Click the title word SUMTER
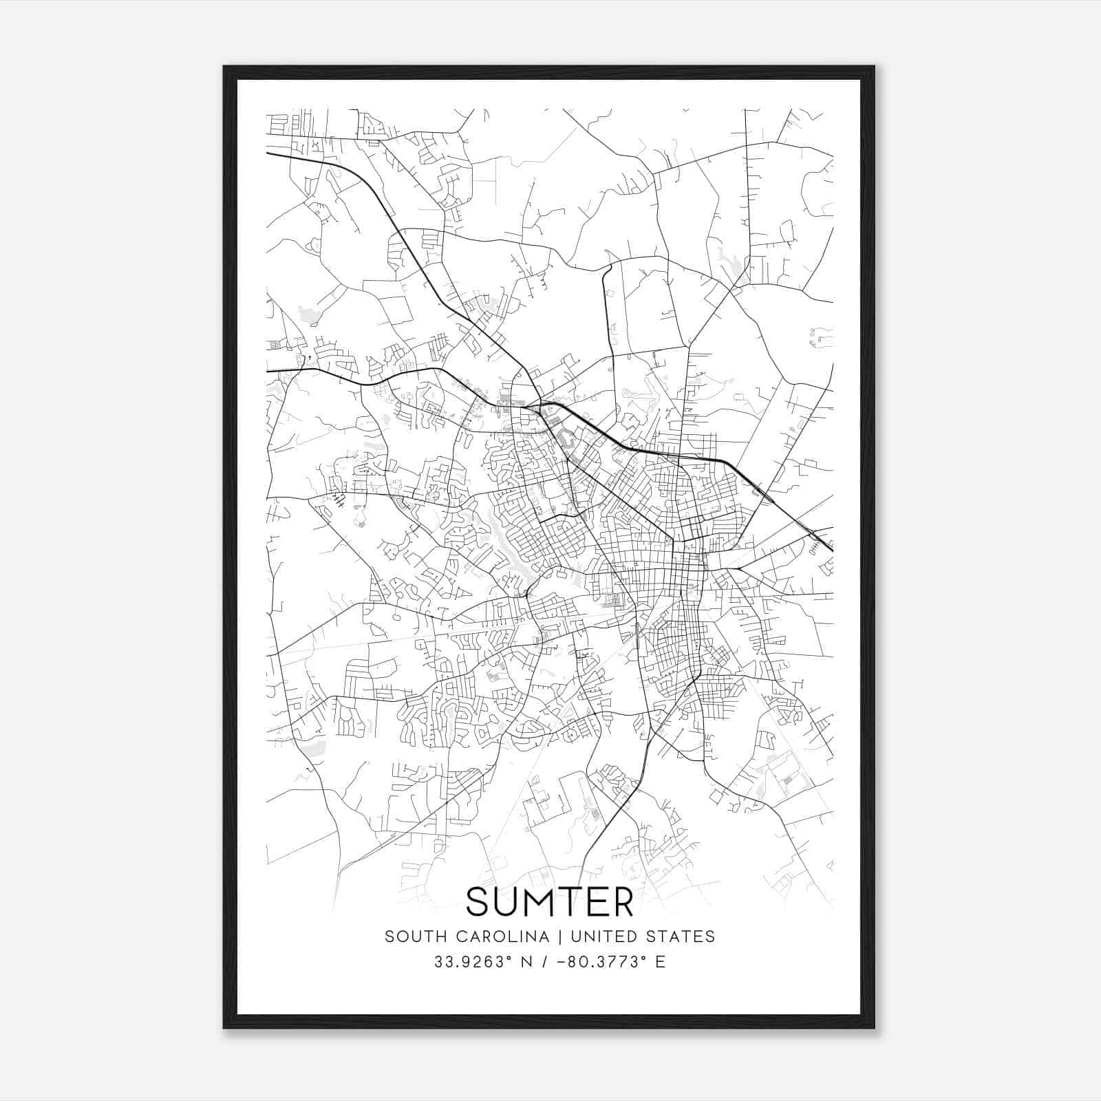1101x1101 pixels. pos(550,901)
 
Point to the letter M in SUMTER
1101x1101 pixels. pos(544,901)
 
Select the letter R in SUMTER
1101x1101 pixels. pos(621,901)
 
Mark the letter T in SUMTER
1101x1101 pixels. pos(574,901)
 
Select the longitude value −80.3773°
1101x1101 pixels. pos(602,962)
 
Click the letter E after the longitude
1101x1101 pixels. pos(661,962)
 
